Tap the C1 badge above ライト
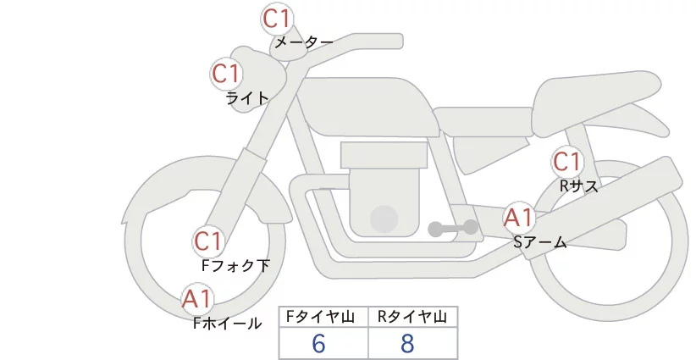(227, 74)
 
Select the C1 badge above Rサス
(566, 161)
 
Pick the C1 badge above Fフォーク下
(208, 241)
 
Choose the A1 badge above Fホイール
(198, 298)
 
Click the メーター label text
(302, 42)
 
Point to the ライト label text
(247, 97)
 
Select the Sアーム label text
(540, 242)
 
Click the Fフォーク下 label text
(235, 266)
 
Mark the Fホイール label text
(227, 323)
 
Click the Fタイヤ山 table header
(323, 317)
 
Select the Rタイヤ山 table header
(412, 317)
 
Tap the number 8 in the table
(408, 344)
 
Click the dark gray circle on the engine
(385, 219)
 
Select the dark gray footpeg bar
(454, 229)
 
